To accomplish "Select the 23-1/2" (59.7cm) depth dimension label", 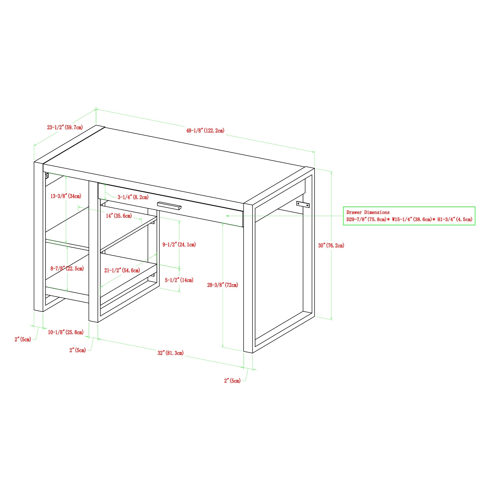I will pyautogui.click(x=65, y=127).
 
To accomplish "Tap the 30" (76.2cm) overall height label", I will pyautogui.click(x=331, y=245).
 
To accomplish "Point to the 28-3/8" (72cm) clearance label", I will pyautogui.click(x=222, y=285).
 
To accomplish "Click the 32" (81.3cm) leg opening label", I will pyautogui.click(x=171, y=353).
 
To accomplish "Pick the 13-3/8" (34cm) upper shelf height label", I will pyautogui.click(x=66, y=196).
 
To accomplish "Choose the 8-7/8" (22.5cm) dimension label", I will pyautogui.click(x=67, y=269).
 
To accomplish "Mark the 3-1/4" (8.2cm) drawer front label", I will pyautogui.click(x=133, y=197).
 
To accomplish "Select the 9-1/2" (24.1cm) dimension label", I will pyautogui.click(x=179, y=245).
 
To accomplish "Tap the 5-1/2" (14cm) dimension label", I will pyautogui.click(x=179, y=280).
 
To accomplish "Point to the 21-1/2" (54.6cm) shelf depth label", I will pyautogui.click(x=122, y=270).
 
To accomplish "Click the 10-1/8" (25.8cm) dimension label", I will pyautogui.click(x=66, y=332).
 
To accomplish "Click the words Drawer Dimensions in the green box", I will pyautogui.click(x=368, y=212).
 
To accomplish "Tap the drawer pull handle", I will pyautogui.click(x=169, y=206).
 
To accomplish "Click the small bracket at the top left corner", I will pyautogui.click(x=47, y=175).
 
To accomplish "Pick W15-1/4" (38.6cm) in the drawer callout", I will pyautogui.click(x=412, y=219).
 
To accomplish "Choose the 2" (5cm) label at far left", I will pyautogui.click(x=23, y=339).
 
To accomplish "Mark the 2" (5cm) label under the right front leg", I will pyautogui.click(x=232, y=381).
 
